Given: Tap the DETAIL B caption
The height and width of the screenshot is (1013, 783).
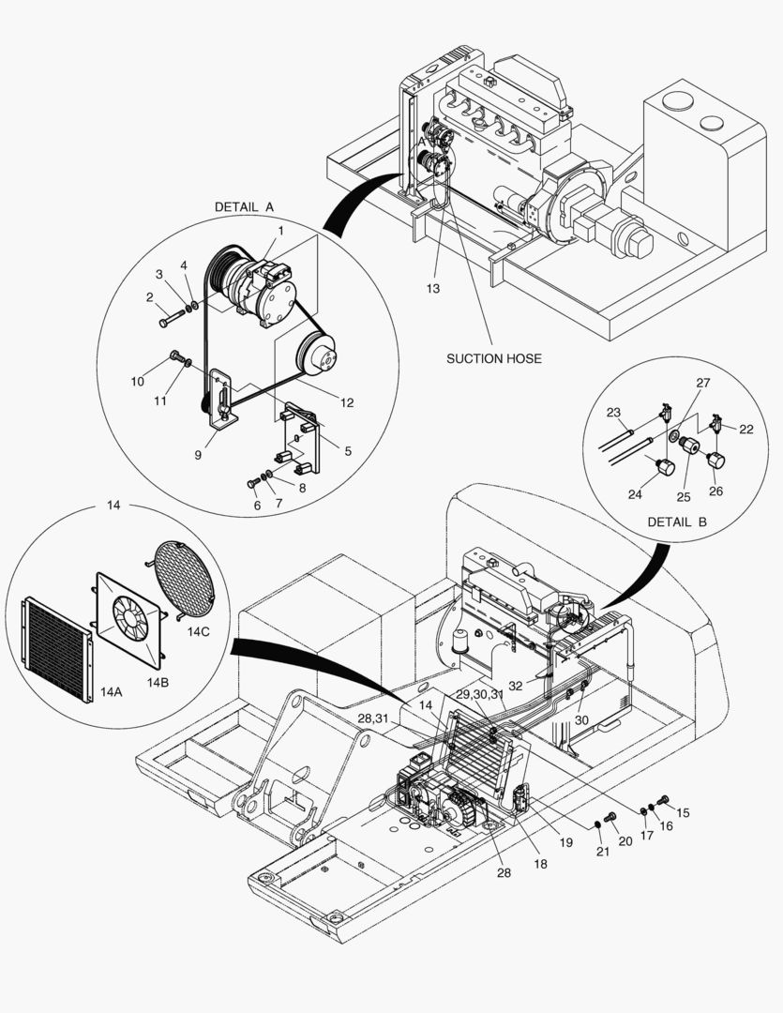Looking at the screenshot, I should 676,523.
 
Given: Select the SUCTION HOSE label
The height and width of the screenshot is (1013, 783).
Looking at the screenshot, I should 493,358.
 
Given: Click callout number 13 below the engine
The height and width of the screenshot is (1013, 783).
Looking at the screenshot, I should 432,289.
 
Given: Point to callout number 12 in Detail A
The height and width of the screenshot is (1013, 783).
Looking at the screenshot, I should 346,402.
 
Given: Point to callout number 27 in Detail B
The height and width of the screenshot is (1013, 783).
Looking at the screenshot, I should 703,383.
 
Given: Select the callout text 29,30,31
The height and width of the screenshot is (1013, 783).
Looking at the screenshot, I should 480,694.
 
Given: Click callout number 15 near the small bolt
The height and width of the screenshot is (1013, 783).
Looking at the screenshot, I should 683,812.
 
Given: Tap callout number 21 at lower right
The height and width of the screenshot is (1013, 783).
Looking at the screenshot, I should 601,851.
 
